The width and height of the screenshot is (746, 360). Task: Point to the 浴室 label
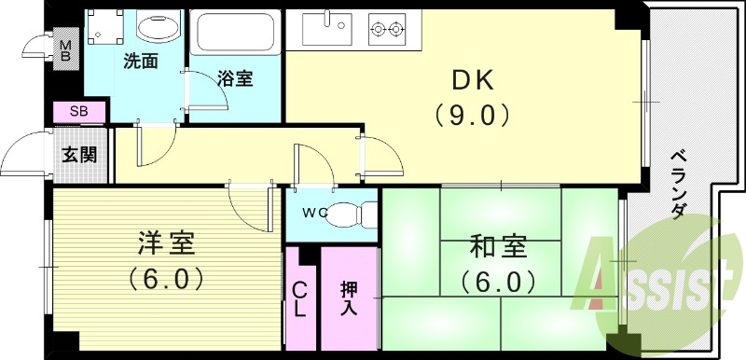pos(236,80)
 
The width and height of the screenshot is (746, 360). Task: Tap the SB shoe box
pos(78,113)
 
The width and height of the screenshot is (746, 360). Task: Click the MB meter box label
pos(66,50)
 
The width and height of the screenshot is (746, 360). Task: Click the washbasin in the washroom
pos(158,26)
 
